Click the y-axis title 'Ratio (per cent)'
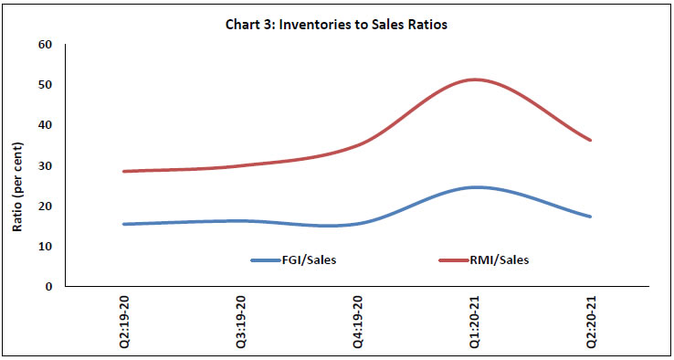point(17,166)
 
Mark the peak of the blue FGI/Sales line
point(475,187)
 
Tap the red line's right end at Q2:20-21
point(591,140)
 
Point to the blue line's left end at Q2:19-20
point(124,224)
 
